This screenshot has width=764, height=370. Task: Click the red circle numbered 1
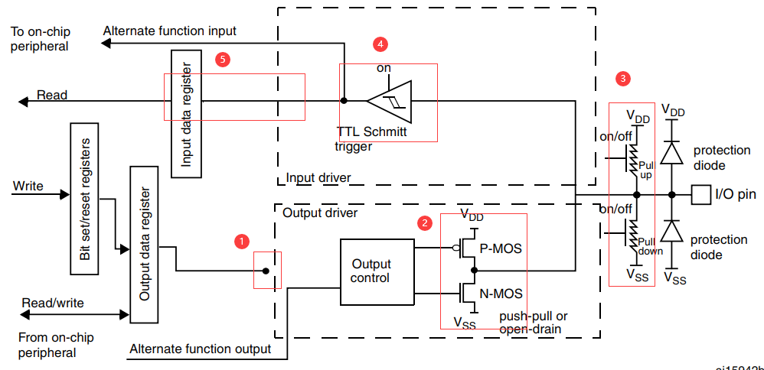click(241, 241)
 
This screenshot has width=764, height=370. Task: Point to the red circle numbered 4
click(380, 44)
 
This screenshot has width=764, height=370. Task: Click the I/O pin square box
click(700, 195)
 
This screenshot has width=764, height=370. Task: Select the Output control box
click(371, 271)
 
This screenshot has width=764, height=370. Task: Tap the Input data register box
click(186, 112)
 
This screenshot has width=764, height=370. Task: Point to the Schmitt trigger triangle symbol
click(390, 100)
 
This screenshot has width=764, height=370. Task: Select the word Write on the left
click(28, 186)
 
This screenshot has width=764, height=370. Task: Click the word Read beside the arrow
click(52, 96)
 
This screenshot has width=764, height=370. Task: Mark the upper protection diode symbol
click(671, 153)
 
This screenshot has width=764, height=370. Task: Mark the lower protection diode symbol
click(671, 231)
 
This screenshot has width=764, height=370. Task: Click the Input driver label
click(318, 177)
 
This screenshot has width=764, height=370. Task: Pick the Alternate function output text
click(201, 349)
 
